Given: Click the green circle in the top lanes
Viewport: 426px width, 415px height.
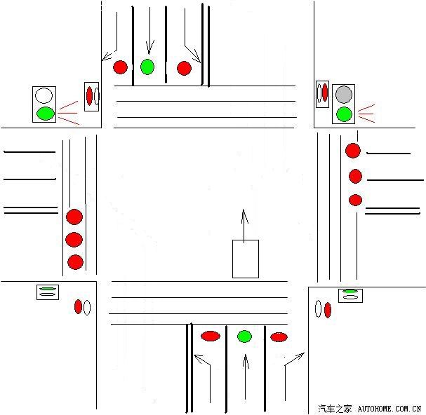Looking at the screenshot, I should [x=147, y=67].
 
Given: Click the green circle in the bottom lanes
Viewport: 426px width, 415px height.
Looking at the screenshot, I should [x=244, y=336].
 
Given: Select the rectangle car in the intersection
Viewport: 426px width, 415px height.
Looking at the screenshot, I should [x=246, y=259].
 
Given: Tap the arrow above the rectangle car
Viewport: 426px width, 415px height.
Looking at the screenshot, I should [x=244, y=224].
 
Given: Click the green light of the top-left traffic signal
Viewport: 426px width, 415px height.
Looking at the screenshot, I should [x=45, y=113].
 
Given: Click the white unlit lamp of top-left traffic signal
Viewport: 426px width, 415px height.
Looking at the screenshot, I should [x=45, y=95].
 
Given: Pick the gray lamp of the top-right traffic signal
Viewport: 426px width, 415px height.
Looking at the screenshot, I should [x=343, y=94].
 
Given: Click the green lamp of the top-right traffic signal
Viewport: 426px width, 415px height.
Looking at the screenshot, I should [x=343, y=114].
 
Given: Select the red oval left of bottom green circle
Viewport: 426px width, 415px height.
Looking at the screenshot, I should [x=211, y=336].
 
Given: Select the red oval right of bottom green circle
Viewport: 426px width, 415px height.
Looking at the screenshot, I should [x=279, y=337].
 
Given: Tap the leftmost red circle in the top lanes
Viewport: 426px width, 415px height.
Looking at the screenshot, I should [x=121, y=67].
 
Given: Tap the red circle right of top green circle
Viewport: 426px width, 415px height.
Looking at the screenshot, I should [x=184, y=68].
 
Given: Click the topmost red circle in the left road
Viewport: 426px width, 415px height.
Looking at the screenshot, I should [x=74, y=217].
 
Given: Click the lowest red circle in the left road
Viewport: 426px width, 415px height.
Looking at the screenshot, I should [x=75, y=262].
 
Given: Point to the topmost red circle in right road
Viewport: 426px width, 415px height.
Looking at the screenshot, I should [x=352, y=151].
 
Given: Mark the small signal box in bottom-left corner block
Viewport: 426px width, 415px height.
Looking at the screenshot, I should [x=47, y=292].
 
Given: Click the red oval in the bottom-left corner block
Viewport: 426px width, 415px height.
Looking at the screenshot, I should [x=78, y=306].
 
